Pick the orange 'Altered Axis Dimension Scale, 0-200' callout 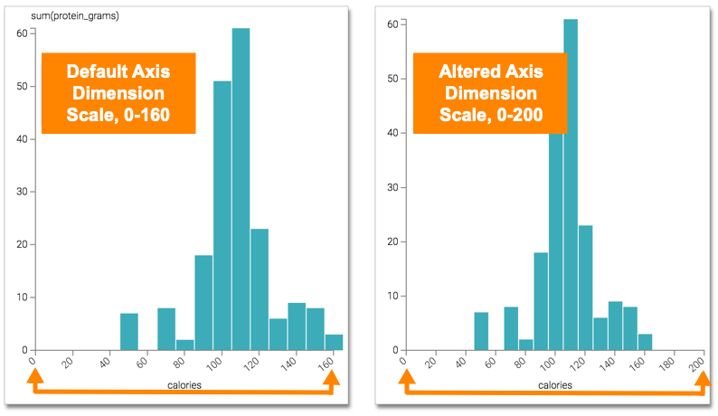(x=490, y=93)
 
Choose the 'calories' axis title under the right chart (x=553, y=384)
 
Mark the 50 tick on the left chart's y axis (x=21, y=86)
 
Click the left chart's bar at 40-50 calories (x=129, y=331)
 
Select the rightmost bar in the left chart (x=334, y=342)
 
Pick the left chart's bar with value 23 (x=260, y=289)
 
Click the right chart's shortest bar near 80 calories (x=525, y=345)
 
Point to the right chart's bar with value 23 (x=585, y=289)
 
